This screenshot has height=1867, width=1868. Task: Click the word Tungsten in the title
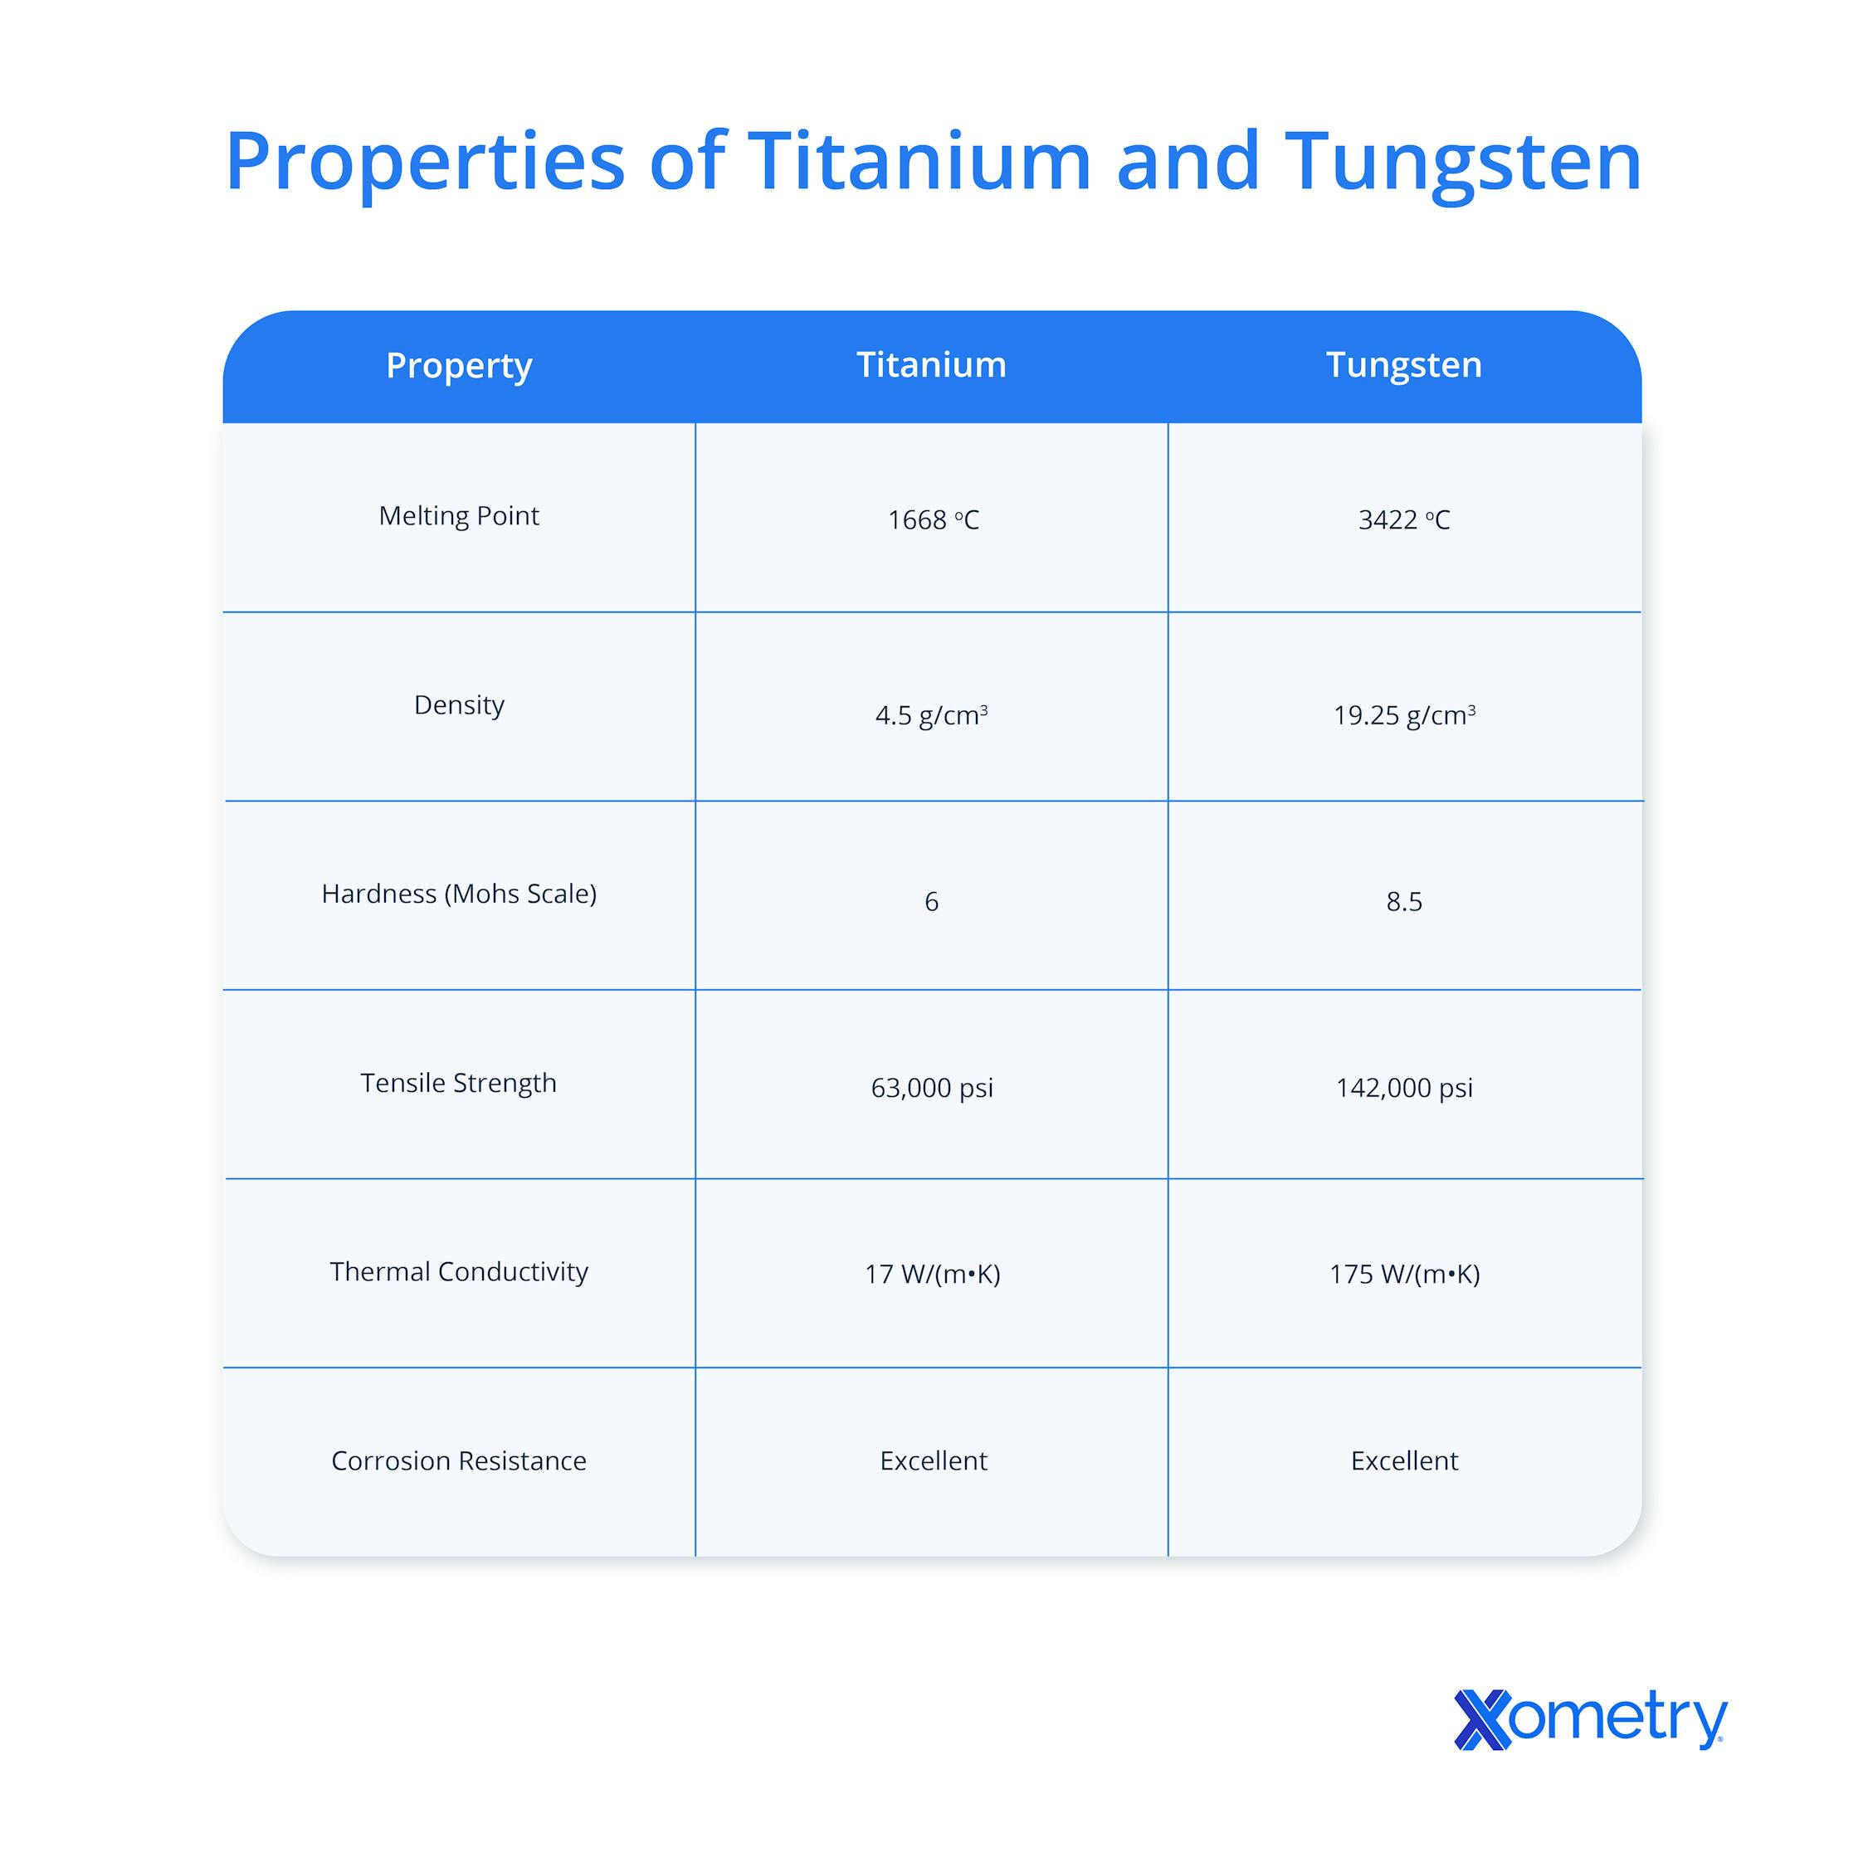(1463, 163)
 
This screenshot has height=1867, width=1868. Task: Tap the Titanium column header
(931, 364)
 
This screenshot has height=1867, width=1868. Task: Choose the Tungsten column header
(1403, 364)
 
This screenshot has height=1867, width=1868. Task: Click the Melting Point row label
(458, 516)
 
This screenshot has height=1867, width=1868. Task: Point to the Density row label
(458, 704)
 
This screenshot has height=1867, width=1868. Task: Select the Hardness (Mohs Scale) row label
(458, 894)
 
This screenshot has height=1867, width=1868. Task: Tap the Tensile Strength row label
(458, 1083)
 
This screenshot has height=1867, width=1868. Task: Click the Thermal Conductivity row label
(458, 1271)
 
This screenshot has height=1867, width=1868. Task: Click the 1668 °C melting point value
(933, 520)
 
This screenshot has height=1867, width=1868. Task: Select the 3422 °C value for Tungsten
(1404, 520)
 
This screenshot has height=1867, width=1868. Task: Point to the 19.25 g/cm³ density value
(1404, 715)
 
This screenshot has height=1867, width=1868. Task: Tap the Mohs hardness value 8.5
(1404, 902)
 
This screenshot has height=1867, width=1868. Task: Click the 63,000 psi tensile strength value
(932, 1089)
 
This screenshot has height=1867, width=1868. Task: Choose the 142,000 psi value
(1404, 1089)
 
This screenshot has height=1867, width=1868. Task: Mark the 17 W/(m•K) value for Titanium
(932, 1275)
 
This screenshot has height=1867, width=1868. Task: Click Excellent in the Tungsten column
(1404, 1461)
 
